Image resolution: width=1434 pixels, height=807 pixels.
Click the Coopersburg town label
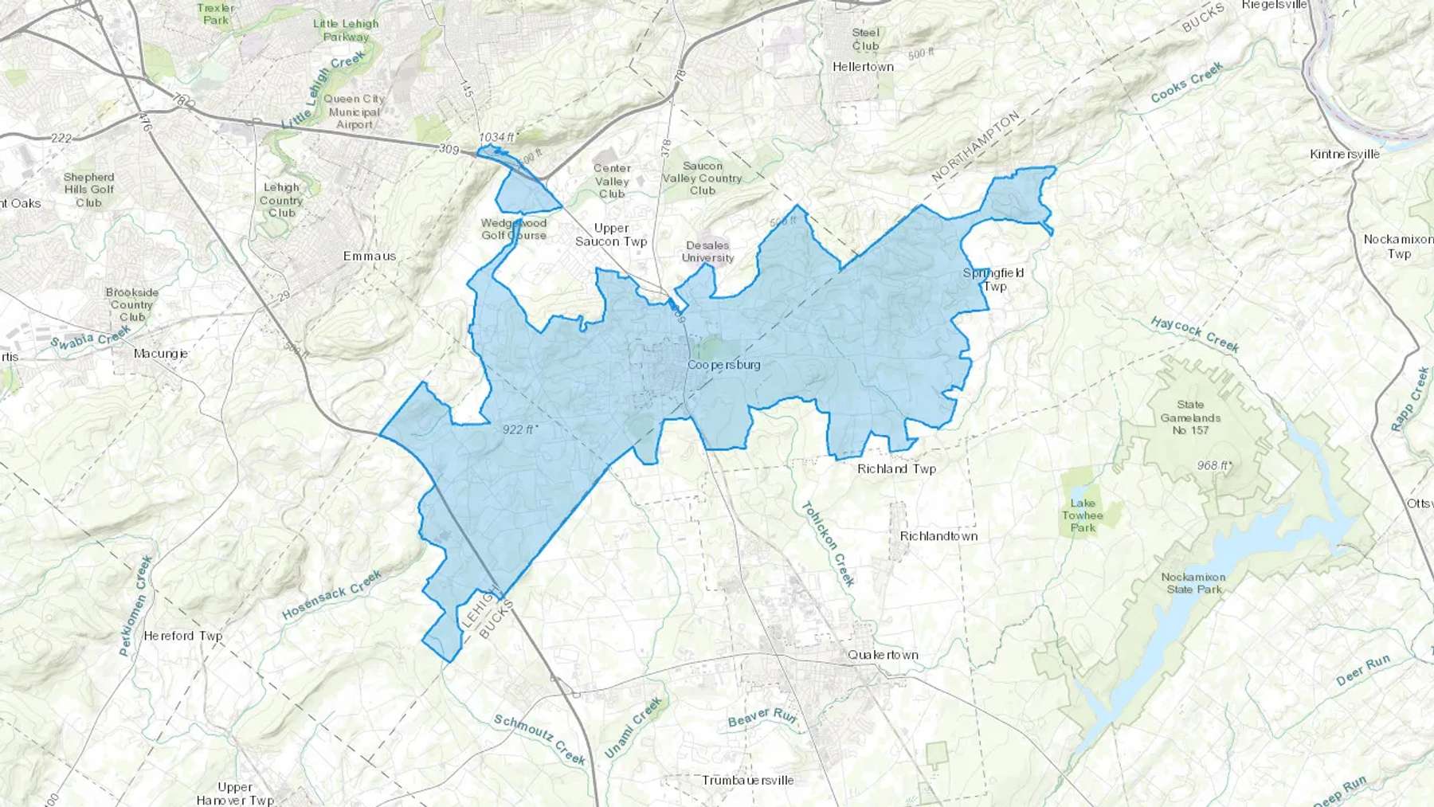(723, 365)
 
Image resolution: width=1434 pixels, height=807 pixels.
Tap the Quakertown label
(883, 655)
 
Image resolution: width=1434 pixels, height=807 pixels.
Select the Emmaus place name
(370, 256)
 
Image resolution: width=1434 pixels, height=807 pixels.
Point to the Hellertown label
(863, 67)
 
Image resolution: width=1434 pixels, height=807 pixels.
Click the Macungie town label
(161, 354)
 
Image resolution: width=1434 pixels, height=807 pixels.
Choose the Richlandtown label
(938, 536)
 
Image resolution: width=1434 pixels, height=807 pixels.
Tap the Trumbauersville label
(748, 780)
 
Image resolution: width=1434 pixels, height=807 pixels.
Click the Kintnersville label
(1345, 154)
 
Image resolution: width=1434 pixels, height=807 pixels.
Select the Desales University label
(707, 252)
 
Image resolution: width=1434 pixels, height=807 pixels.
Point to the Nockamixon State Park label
(1193, 583)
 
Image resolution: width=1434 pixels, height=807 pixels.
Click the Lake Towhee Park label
(1083, 515)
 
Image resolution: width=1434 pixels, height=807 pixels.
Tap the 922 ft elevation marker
(519, 429)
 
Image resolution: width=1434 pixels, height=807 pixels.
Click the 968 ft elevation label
(1213, 465)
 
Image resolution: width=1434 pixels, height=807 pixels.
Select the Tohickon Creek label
(829, 544)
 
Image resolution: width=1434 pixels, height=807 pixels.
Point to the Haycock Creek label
(1195, 334)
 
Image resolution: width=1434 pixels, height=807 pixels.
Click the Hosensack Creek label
(331, 595)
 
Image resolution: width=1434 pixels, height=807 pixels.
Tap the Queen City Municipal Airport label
(355, 112)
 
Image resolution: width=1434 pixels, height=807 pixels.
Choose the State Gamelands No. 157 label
(1190, 417)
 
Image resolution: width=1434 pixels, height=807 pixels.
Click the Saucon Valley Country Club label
(702, 178)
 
